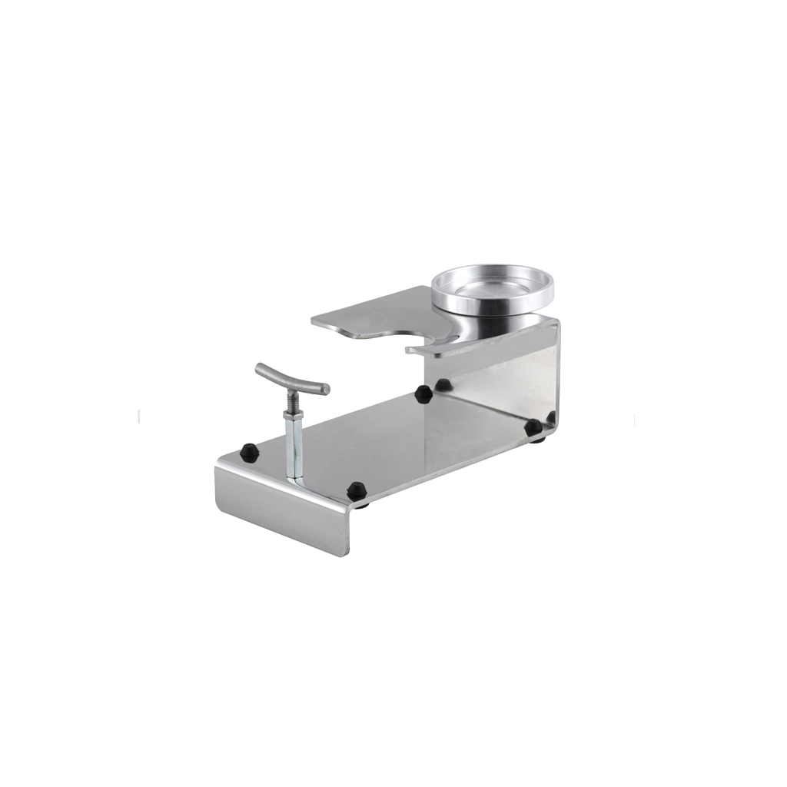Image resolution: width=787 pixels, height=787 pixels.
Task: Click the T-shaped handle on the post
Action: pyautogui.click(x=292, y=380)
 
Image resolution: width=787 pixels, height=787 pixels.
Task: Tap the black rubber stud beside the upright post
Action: pyautogui.click(x=249, y=450)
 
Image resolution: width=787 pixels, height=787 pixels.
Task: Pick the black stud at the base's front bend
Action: pyautogui.click(x=356, y=489)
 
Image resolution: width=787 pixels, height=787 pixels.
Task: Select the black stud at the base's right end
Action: pyautogui.click(x=533, y=427)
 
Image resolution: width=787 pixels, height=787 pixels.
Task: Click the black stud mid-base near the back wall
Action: pyautogui.click(x=422, y=393)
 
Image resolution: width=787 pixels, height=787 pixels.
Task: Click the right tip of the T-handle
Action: pyautogui.click(x=325, y=389)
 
